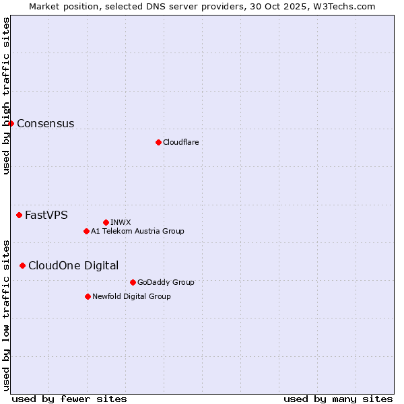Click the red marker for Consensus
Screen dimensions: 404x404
[11, 123]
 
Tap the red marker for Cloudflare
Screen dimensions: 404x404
[158, 142]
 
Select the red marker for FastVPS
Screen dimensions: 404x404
[19, 215]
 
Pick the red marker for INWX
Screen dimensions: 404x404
[106, 222]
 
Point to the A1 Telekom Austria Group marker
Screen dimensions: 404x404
[86, 231]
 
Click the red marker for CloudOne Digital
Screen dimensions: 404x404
[22, 265]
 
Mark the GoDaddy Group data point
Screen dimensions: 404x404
[133, 282]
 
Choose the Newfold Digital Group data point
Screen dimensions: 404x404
[88, 296]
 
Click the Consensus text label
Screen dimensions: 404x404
[45, 123]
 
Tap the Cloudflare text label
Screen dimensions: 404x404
[180, 142]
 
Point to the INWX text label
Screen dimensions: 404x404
[121, 222]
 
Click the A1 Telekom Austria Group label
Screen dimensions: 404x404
[137, 231]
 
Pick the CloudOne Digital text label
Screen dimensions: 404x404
[73, 265]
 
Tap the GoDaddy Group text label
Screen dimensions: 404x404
[166, 282]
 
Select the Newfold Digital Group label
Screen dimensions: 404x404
[131, 296]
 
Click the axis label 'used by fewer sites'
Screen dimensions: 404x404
[69, 399]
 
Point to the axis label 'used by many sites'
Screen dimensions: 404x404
[338, 399]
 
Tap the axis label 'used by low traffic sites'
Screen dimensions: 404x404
[7, 314]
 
